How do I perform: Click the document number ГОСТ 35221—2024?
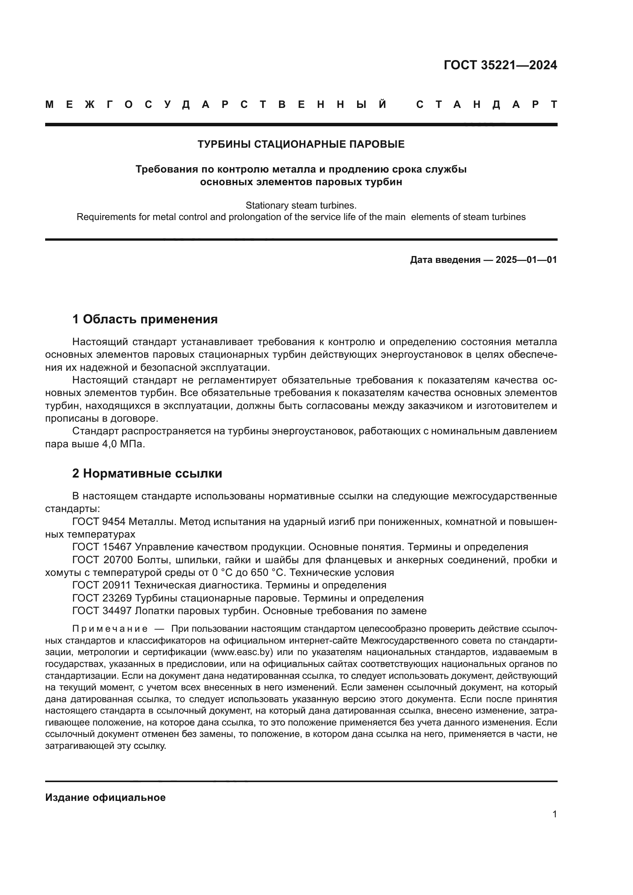[x=500, y=65]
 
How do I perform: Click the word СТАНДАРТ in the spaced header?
[x=486, y=104]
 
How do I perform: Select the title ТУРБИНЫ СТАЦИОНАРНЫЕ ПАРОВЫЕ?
[x=301, y=145]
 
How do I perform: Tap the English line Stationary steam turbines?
[x=301, y=205]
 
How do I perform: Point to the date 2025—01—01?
[x=526, y=260]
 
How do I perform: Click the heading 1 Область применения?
[x=145, y=319]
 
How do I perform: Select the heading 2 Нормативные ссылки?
[x=147, y=474]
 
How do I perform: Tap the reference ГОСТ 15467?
[x=102, y=547]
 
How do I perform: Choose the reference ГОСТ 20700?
[x=102, y=560]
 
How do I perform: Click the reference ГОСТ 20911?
[x=102, y=585]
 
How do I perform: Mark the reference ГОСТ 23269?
[x=102, y=598]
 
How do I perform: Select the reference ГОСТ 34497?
[x=102, y=611]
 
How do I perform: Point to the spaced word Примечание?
[x=110, y=629]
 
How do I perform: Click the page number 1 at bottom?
[x=554, y=814]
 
